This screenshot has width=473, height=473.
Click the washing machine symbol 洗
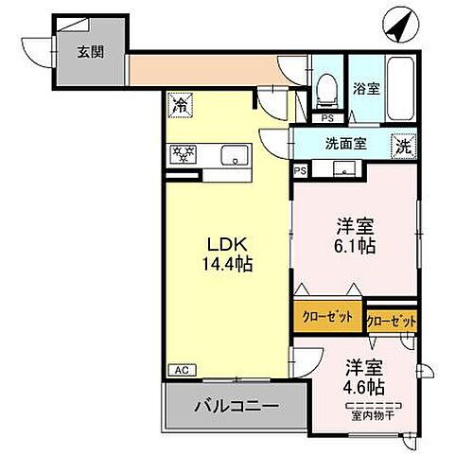point(404,147)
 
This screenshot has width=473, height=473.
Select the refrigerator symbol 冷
point(180,106)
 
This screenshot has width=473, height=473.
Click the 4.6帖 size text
point(363,387)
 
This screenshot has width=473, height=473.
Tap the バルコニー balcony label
point(236,406)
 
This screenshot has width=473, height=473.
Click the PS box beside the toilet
point(326,118)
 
